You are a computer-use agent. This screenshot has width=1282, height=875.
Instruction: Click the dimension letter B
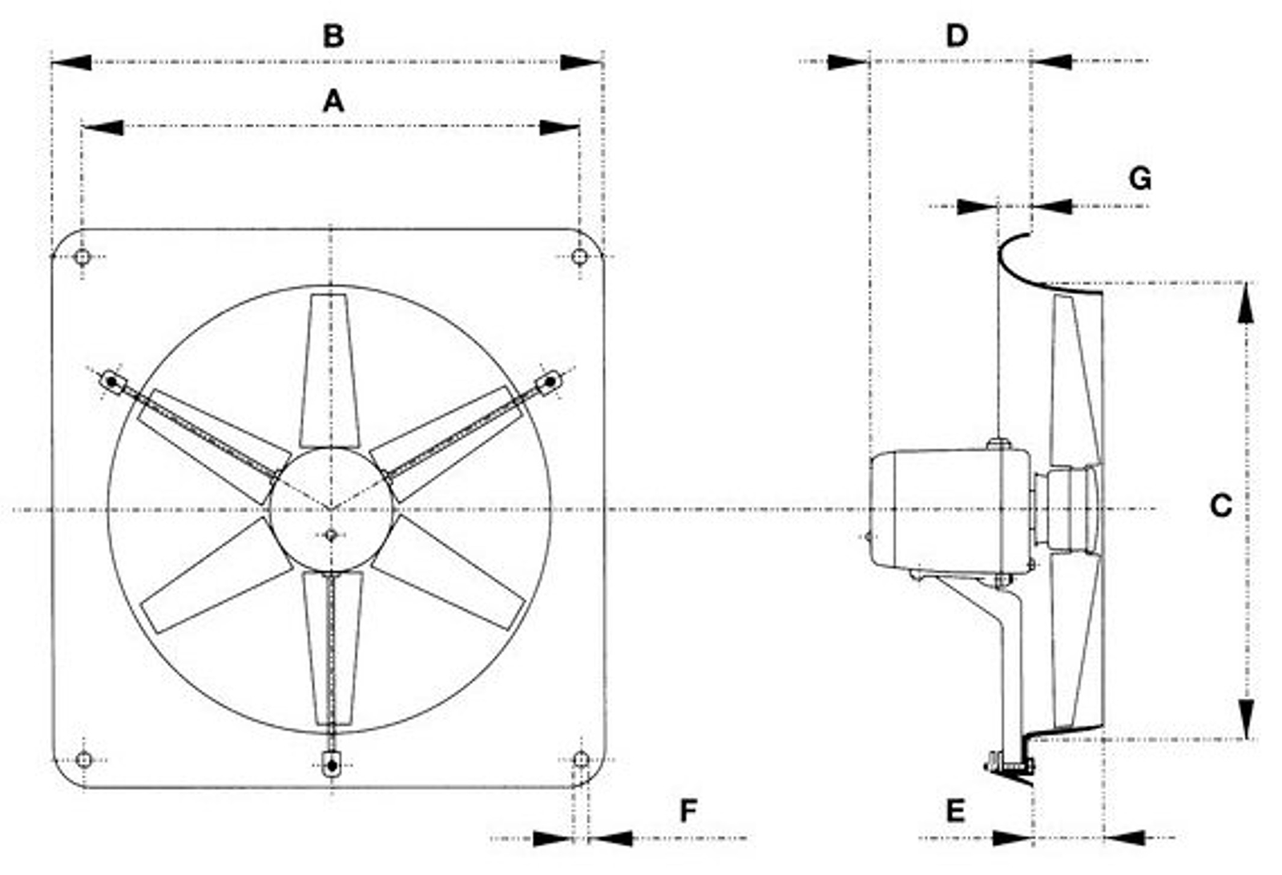click(333, 36)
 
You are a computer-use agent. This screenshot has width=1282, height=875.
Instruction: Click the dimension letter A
click(333, 101)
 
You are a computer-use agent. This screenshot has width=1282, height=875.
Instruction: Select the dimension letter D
click(957, 35)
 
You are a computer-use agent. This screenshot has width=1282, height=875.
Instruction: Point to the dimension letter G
click(1139, 179)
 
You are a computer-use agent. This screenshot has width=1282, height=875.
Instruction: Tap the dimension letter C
click(1221, 506)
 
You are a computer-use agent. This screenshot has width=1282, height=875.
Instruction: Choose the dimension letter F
click(688, 810)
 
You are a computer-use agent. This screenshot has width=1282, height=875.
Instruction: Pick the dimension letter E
click(955, 810)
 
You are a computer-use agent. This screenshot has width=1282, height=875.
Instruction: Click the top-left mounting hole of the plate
click(83, 256)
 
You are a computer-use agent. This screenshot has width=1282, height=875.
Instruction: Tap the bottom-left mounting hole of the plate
click(84, 760)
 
